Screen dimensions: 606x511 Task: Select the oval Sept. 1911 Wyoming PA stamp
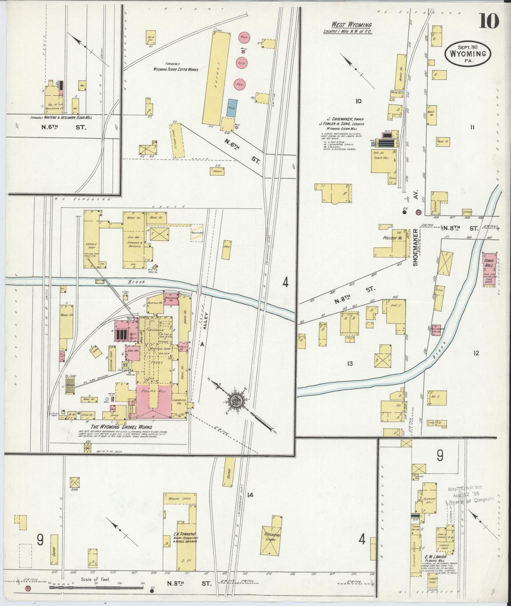[468, 54]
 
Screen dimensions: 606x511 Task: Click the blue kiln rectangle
[232, 108]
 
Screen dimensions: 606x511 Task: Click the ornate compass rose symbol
[234, 401]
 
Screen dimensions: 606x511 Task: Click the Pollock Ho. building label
[393, 238]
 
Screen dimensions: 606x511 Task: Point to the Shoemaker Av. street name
[416, 244]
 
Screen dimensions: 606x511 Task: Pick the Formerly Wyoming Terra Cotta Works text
[175, 67]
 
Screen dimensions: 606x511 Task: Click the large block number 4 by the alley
[285, 282]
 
